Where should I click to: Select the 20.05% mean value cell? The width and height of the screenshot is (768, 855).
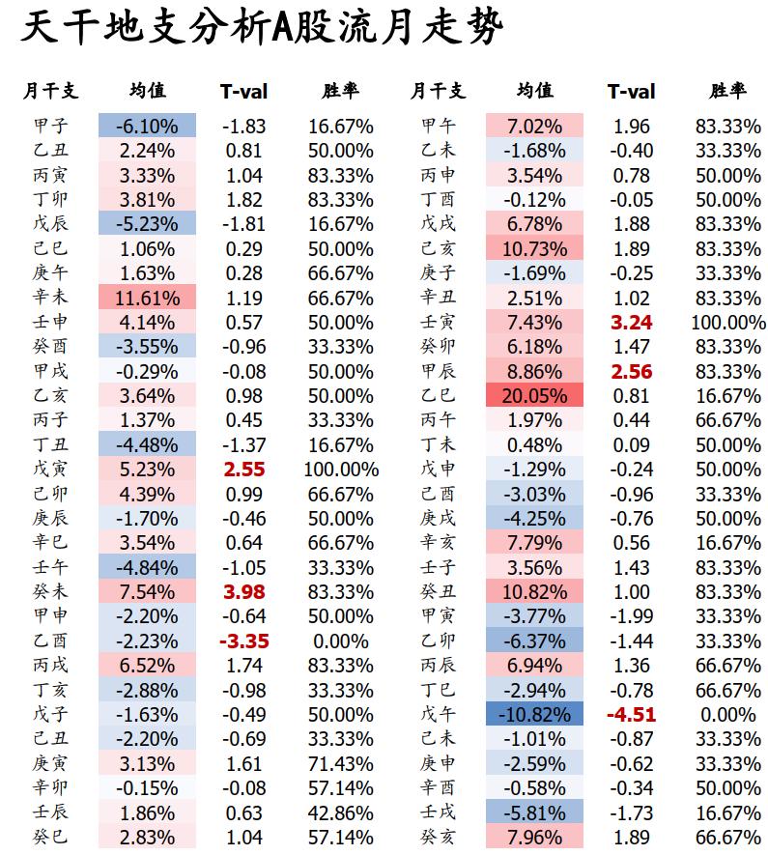534,395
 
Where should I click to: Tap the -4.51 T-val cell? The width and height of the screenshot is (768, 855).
631,714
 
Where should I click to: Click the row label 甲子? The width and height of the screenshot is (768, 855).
50,126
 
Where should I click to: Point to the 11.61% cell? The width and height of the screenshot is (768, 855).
147,298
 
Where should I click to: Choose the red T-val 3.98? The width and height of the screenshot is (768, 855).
244,591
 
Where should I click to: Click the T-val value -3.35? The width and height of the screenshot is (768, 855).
244,641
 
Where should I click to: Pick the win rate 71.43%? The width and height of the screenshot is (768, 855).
341,763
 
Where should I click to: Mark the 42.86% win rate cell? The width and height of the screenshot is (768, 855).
341,812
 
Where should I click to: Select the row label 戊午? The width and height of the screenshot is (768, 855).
438,714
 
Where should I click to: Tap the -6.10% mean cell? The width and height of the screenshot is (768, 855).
147,126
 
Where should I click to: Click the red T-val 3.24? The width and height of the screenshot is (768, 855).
631,323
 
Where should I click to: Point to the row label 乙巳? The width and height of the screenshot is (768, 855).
438,395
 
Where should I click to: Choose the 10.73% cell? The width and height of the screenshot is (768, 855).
534,248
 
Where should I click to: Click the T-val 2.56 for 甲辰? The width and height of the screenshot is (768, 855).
631,371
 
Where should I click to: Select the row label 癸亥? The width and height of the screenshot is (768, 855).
438,837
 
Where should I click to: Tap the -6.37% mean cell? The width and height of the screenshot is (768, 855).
534,641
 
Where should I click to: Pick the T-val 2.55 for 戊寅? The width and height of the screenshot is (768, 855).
244,469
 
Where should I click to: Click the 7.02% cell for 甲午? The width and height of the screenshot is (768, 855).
534,126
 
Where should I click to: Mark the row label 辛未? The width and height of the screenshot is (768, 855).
50,298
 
